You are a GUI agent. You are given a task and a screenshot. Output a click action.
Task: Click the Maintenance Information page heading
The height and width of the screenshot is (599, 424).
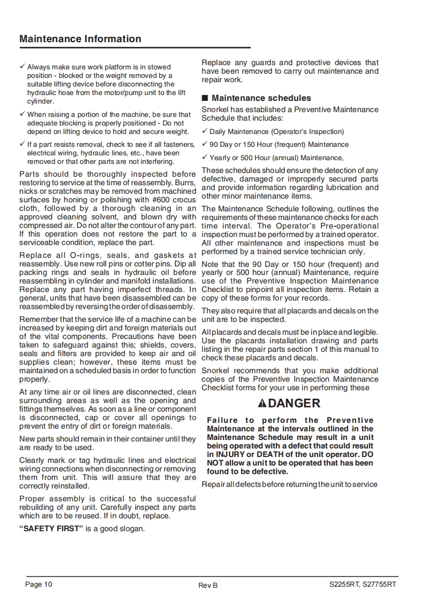(x=80, y=39)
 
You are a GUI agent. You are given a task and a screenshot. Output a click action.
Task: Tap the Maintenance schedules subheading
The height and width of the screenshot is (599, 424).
(x=261, y=98)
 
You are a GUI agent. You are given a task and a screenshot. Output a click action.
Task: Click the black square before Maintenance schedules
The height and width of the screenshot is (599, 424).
(x=204, y=98)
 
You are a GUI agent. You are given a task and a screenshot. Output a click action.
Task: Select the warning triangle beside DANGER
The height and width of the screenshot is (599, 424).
(x=261, y=404)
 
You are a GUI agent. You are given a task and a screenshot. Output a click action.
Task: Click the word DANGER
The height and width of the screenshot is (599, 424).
(x=294, y=404)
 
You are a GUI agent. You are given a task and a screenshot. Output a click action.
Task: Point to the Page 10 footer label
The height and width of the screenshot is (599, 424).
(x=39, y=585)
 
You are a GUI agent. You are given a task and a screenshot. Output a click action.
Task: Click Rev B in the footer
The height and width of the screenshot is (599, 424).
(x=208, y=585)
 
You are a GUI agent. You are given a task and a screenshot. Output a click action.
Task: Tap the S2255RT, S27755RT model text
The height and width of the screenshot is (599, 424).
(x=363, y=585)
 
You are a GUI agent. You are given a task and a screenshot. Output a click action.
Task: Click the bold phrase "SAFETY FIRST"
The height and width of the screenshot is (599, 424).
(x=51, y=529)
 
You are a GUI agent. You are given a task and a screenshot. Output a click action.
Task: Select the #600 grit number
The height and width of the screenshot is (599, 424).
(x=152, y=200)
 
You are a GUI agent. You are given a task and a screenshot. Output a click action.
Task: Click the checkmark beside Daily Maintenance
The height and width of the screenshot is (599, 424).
(x=204, y=131)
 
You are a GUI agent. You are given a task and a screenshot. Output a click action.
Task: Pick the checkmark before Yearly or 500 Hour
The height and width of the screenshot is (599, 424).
(x=204, y=157)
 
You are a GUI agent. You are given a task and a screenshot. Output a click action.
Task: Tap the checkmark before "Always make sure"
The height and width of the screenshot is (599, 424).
(x=22, y=67)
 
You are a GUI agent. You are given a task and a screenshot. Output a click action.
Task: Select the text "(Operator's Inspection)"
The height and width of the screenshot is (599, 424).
(x=307, y=132)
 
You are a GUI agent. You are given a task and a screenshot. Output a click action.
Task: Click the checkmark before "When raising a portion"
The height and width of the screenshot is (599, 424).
(x=22, y=114)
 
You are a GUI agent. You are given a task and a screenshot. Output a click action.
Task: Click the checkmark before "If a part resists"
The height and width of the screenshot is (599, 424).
(x=22, y=144)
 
